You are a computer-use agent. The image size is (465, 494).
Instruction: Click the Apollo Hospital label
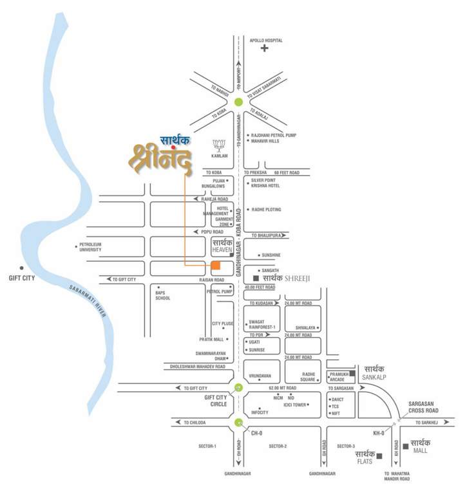[x=267, y=40]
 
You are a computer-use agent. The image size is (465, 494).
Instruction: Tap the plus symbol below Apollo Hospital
[x=264, y=48]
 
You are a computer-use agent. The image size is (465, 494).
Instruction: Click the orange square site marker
[x=216, y=265]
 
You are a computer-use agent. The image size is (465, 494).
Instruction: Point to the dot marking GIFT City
[x=21, y=268]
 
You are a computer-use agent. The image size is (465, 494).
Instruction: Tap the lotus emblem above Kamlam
[x=220, y=145]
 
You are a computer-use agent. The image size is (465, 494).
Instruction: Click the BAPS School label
[x=163, y=295]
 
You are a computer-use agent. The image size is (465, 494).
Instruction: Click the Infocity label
[x=260, y=412]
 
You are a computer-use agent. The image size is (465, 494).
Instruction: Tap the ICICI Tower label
[x=295, y=405]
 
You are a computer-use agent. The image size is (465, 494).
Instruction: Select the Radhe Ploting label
[x=266, y=210]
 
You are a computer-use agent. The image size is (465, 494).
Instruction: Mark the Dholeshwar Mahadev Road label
[x=198, y=366]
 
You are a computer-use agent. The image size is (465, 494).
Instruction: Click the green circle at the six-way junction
[x=239, y=102]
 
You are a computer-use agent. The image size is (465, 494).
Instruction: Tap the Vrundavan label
[x=261, y=375]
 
